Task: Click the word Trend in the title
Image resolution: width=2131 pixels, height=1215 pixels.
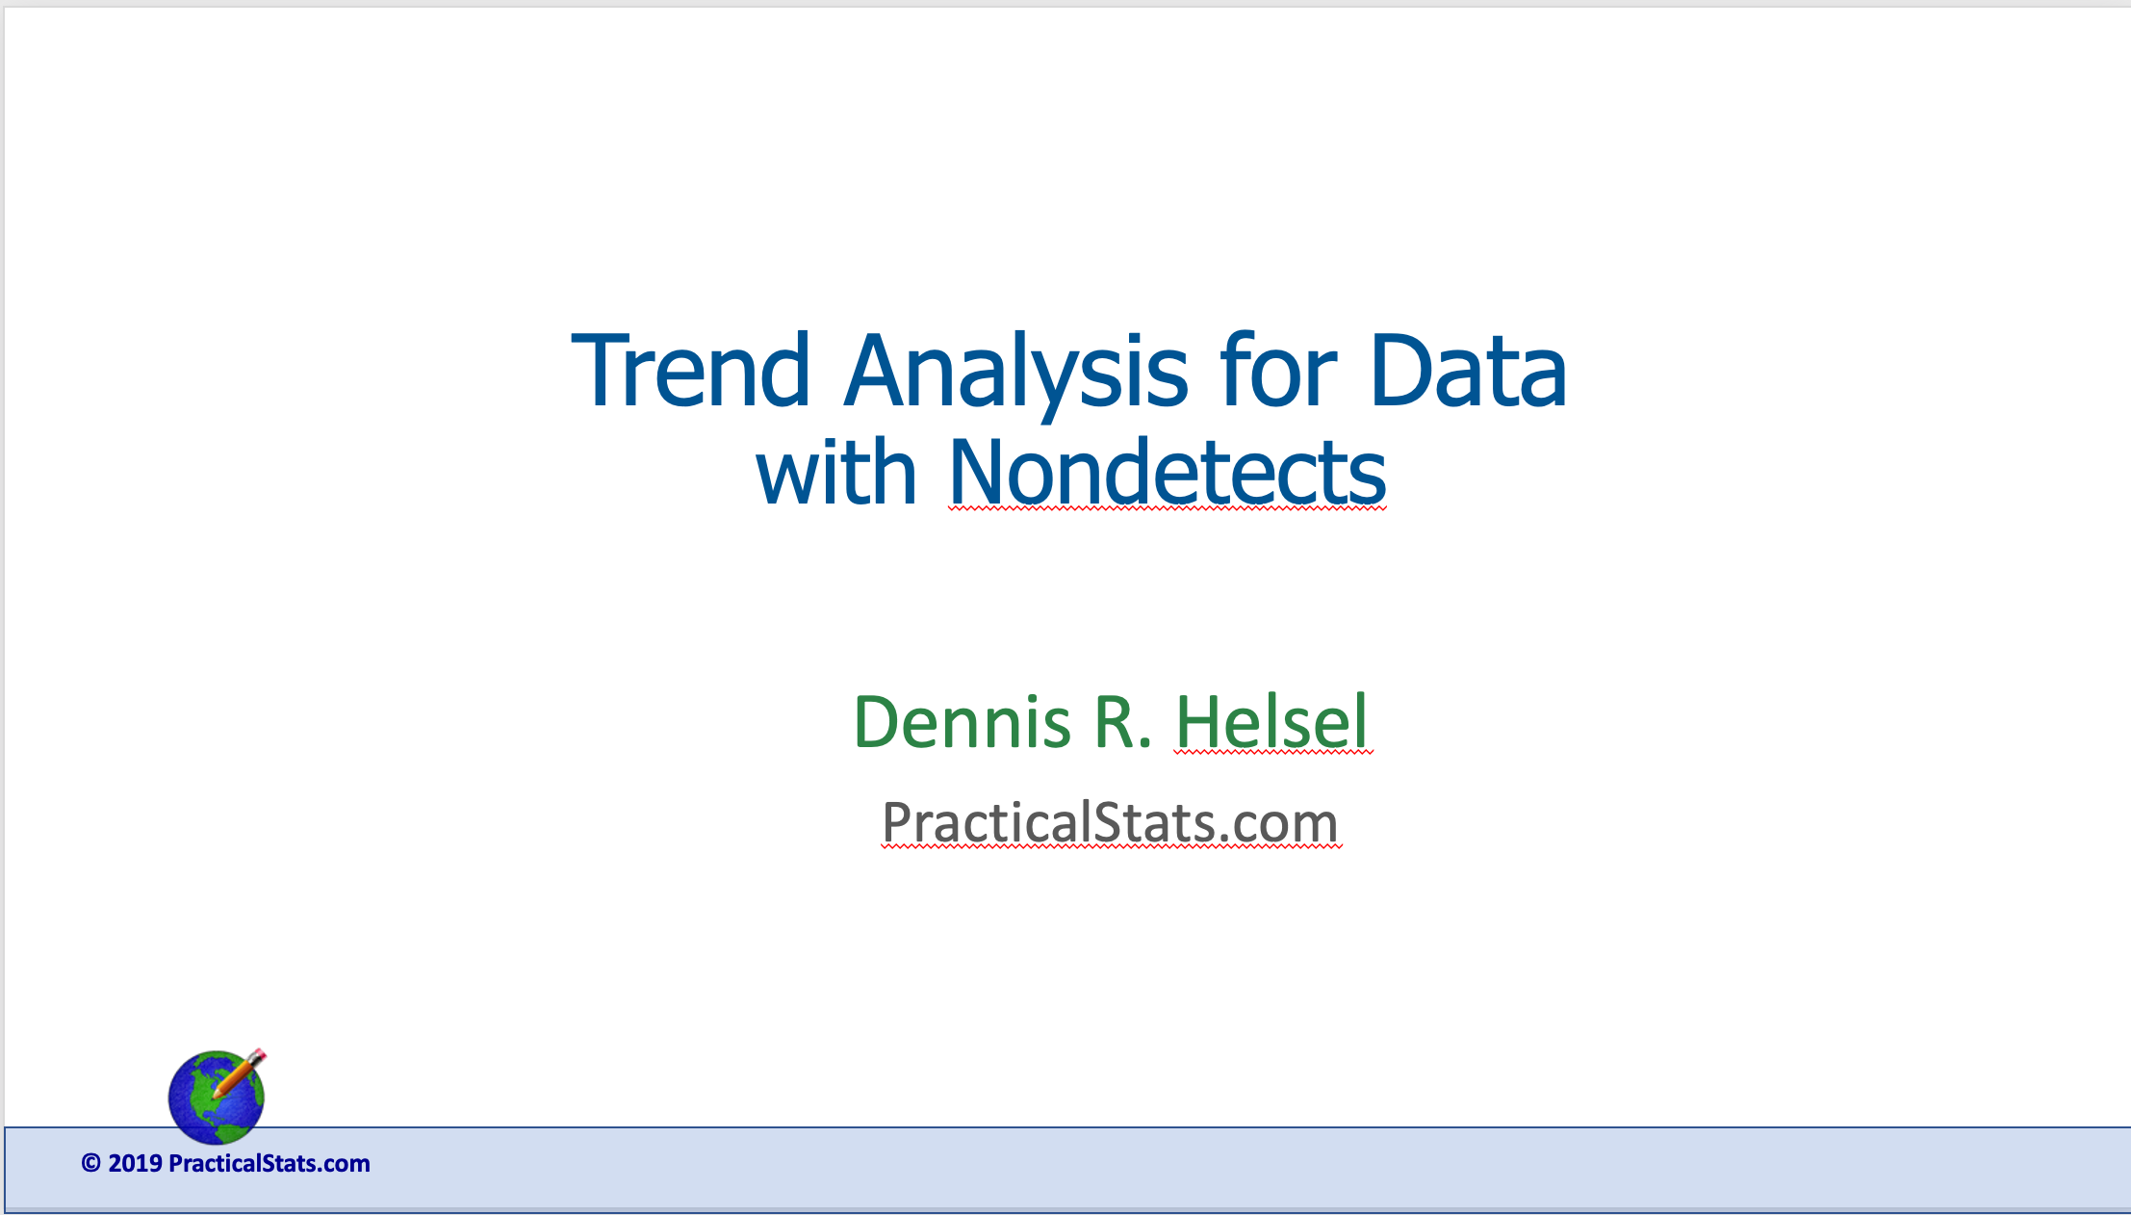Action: [x=690, y=370]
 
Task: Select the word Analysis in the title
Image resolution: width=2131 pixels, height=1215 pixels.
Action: [x=1016, y=378]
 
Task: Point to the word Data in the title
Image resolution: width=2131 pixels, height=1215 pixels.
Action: [x=1468, y=370]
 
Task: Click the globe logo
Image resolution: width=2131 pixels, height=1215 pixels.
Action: [x=217, y=1097]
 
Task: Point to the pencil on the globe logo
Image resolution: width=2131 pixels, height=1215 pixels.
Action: [x=240, y=1073]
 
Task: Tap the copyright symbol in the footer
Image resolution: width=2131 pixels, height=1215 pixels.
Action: [x=91, y=1163]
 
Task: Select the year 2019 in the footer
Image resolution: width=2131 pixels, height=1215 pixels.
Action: [x=135, y=1163]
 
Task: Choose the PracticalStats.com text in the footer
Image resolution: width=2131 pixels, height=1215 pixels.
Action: [x=270, y=1163]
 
